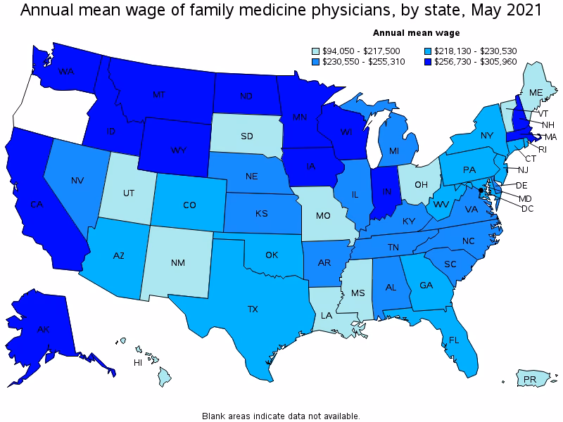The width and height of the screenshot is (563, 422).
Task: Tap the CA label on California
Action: point(37,205)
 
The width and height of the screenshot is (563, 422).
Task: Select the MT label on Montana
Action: point(159,94)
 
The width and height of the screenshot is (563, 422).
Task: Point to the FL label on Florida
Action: point(454,340)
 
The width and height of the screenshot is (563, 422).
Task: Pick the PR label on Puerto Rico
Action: point(529,381)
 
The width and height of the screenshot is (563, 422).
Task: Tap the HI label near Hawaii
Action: point(139,363)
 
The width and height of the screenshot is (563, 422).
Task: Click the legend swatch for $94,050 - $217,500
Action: point(316,51)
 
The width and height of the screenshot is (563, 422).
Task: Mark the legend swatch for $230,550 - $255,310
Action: point(316,62)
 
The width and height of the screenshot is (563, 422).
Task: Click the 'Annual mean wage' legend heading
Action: point(416,33)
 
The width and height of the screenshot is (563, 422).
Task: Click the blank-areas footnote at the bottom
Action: point(281,416)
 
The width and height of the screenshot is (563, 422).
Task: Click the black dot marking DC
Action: point(481,191)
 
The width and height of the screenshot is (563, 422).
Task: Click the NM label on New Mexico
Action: point(178,264)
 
